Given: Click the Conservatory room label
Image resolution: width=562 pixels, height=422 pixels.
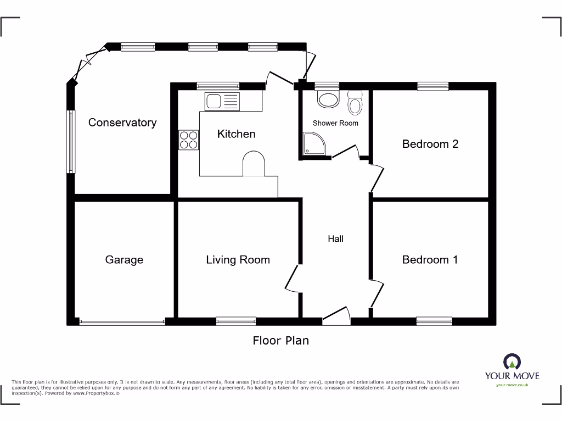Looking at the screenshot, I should click(122, 123).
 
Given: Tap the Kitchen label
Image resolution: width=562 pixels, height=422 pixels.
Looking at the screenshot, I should click(236, 134).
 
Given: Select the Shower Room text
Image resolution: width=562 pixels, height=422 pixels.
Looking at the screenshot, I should click(335, 123).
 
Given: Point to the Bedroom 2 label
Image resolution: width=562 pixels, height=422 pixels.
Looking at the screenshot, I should click(430, 144).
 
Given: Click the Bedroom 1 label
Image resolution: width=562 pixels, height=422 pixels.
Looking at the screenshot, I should click(430, 259).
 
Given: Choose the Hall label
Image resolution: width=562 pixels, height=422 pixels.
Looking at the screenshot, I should click(335, 238).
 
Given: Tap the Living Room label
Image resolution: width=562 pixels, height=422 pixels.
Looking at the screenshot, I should click(238, 259).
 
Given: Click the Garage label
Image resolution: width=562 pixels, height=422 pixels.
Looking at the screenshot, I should click(124, 259).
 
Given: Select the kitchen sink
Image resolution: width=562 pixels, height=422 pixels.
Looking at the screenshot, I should click(222, 102).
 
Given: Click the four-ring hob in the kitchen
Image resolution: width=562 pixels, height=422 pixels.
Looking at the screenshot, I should click(189, 140).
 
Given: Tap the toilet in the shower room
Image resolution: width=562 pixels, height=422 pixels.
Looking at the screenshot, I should click(355, 103).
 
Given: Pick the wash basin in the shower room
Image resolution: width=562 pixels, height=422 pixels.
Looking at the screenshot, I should click(329, 99).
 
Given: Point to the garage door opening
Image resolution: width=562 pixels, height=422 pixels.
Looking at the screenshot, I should click(122, 321).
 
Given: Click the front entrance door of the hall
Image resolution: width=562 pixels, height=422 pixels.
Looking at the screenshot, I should click(336, 316).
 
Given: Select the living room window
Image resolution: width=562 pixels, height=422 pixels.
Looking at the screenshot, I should click(236, 321).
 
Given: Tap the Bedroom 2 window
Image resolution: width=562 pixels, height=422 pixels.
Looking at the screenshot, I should click(432, 86).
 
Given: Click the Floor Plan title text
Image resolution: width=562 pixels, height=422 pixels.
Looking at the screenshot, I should click(280, 341).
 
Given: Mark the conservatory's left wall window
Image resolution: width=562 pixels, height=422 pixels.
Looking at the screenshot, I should click(71, 142).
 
